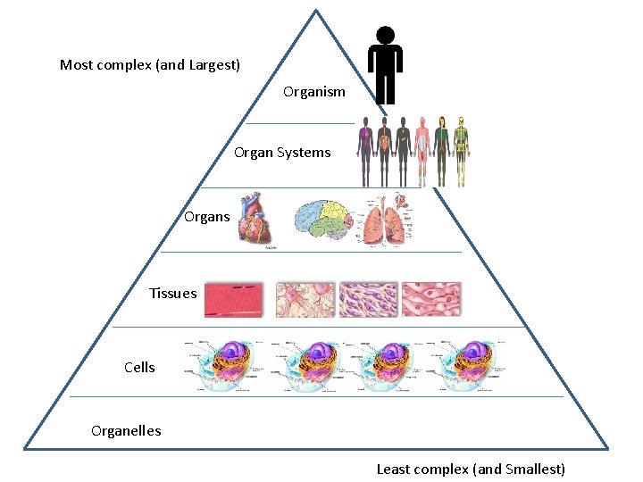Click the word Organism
[313, 92]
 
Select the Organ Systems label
[282, 153]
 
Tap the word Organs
[206, 217]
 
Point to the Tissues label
[172, 294]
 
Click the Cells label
[139, 367]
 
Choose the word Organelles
[126, 431]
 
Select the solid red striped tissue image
[235, 299]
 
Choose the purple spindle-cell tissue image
[368, 299]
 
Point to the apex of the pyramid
[316, 11]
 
